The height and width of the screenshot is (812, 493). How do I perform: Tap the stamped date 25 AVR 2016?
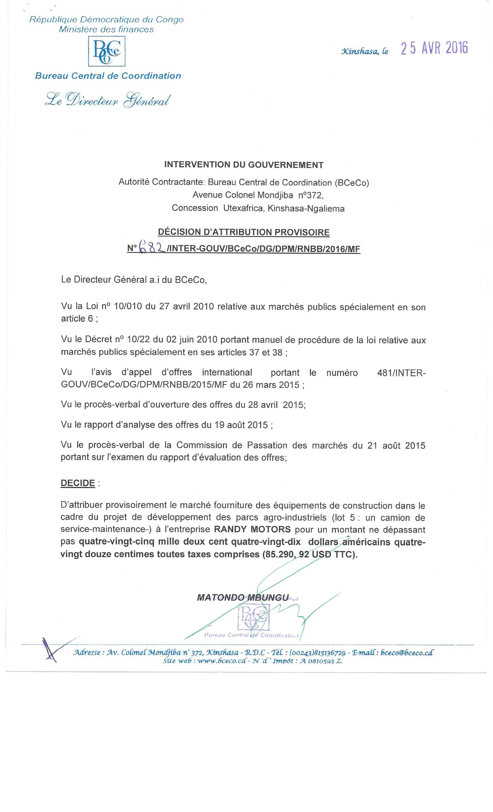point(434,49)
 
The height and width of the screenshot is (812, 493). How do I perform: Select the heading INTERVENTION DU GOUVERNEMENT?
point(244,165)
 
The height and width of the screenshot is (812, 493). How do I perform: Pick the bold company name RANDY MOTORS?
point(253,529)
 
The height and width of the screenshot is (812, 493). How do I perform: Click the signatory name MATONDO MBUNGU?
point(243,597)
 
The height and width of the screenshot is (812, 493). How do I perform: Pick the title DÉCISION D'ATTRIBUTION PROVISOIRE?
point(244,232)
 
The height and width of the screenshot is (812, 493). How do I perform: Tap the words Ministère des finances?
point(106,29)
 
